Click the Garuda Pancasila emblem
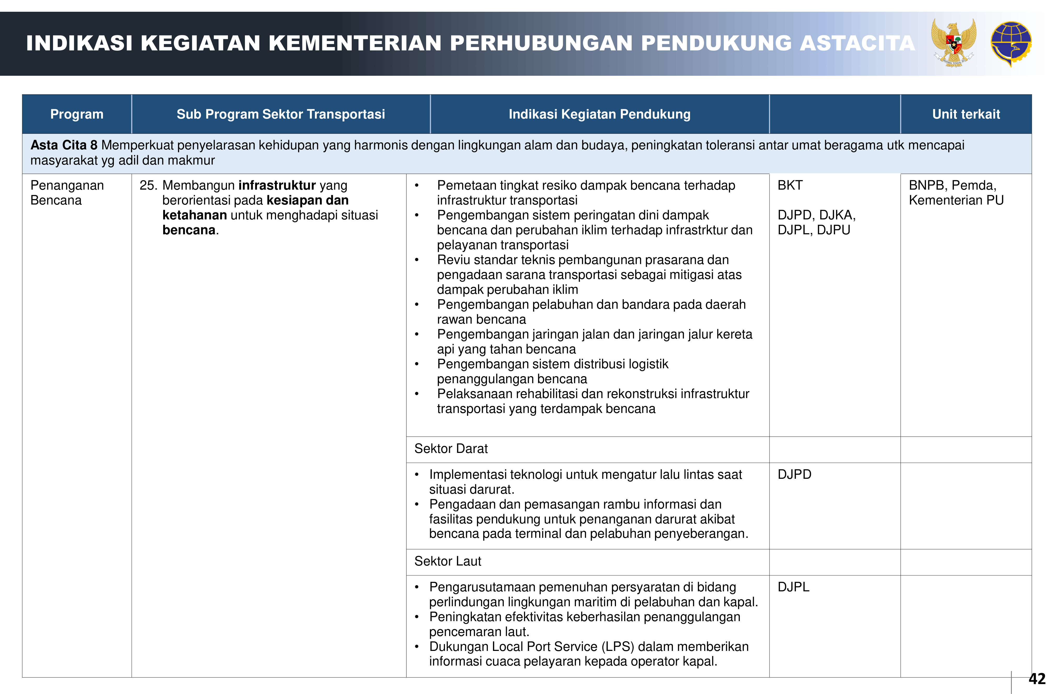(954, 43)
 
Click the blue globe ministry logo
(1011, 43)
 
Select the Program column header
(77, 114)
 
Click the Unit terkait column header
(966, 114)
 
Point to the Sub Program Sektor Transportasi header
(281, 114)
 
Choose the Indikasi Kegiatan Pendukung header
(599, 114)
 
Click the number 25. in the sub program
(148, 185)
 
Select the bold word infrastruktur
(277, 185)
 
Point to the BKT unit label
(790, 185)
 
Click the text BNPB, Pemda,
(952, 185)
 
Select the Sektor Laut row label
(448, 561)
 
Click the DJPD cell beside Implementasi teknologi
(795, 474)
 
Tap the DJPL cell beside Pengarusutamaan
(793, 587)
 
